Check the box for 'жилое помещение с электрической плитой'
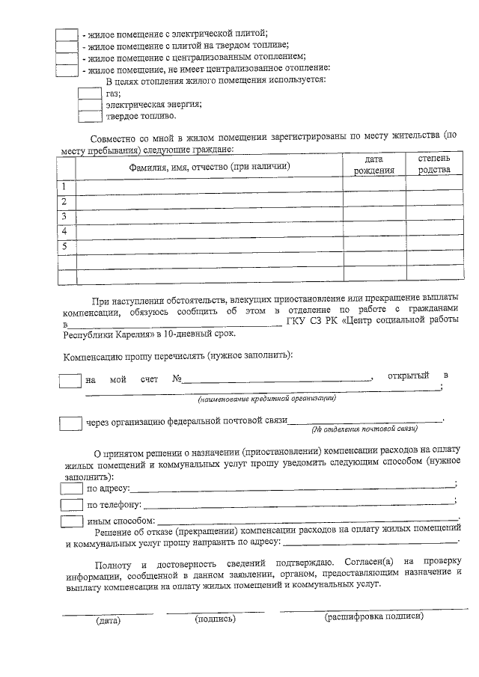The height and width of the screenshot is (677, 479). point(67,35)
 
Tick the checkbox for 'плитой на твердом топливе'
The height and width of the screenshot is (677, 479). point(67,46)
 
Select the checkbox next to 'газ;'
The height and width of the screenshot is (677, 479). point(90,94)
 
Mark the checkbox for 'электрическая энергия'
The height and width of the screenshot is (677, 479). point(90,105)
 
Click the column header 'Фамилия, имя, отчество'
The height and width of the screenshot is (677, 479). point(210,166)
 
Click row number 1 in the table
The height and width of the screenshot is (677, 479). point(66,186)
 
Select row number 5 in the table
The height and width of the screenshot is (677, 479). point(66,246)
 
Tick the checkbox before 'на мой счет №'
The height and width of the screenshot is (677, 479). point(70,380)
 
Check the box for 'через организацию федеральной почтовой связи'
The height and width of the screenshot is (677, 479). point(70,423)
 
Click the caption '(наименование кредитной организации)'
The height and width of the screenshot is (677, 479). point(262,399)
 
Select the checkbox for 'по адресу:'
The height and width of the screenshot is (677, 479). point(72,488)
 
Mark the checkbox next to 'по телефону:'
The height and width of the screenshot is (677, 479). point(72,505)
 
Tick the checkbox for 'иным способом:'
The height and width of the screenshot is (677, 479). point(72,520)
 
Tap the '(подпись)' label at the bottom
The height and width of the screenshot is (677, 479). point(215,619)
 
